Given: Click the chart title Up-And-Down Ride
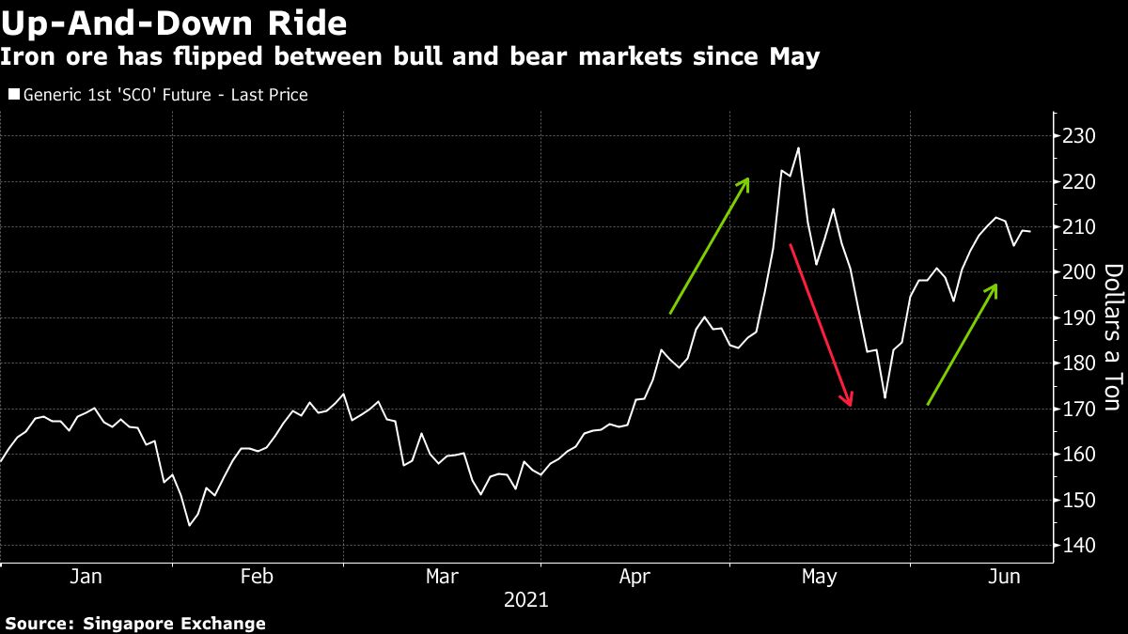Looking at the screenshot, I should [174, 22].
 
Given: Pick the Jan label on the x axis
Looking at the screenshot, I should [86, 577].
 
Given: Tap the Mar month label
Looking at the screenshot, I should [442, 577].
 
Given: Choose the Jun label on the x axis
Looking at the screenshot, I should [1004, 577].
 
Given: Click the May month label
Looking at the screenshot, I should [819, 577].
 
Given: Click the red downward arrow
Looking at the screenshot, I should [821, 324].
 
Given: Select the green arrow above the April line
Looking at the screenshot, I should [709, 245].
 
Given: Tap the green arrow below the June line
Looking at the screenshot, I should [962, 344].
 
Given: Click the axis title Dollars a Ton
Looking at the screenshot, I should [1111, 337].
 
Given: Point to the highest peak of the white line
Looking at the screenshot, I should [798, 147].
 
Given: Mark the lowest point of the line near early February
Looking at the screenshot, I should [189, 525].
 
